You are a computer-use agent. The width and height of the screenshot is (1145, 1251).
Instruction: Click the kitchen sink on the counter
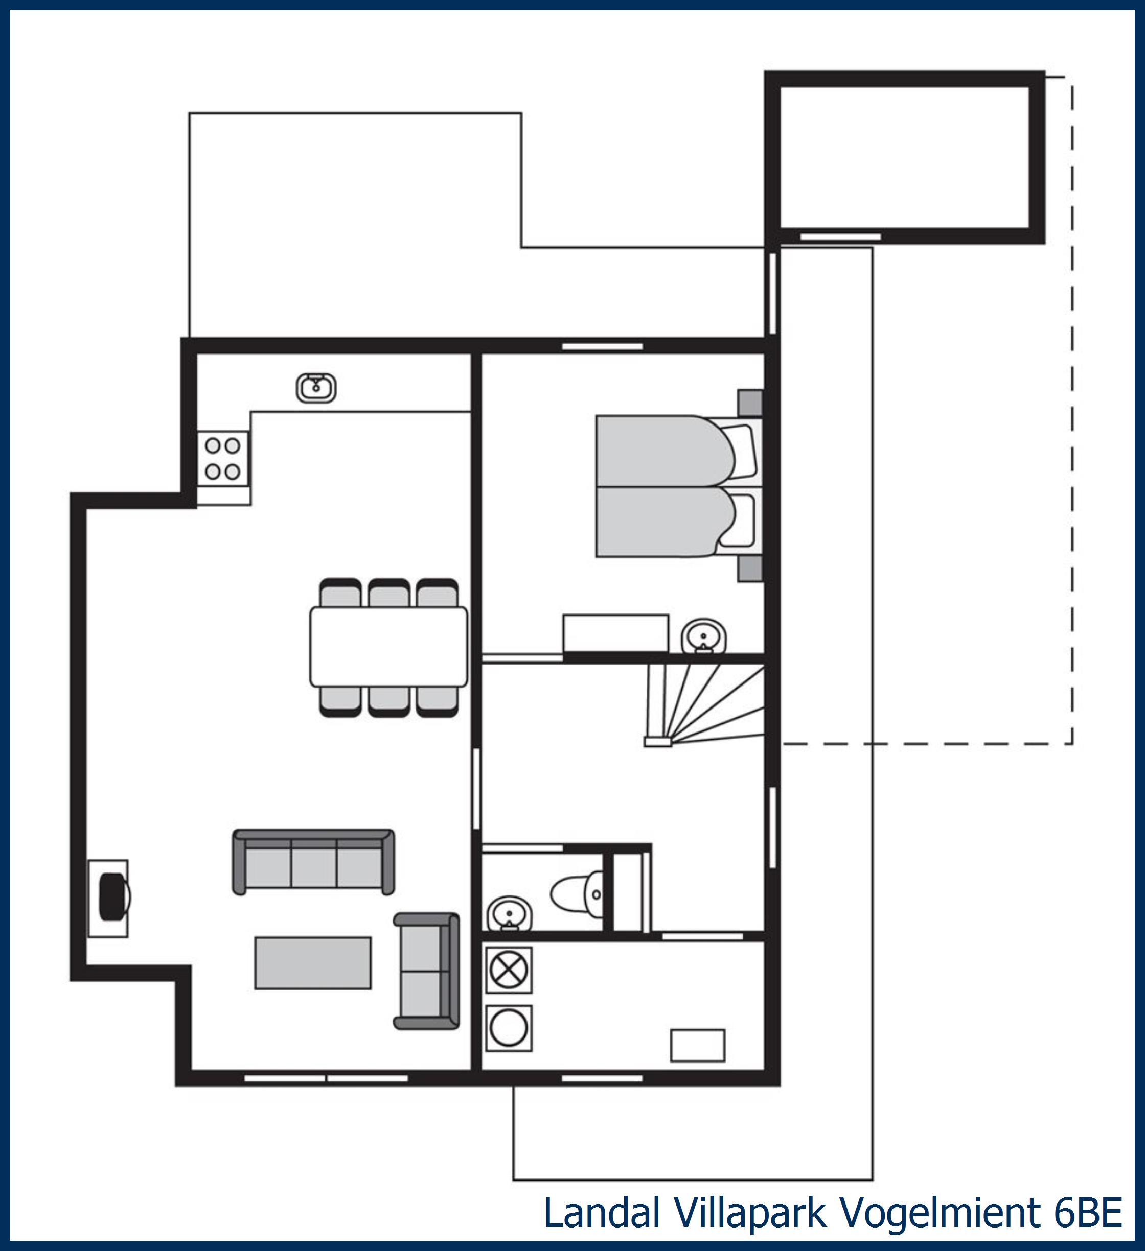click(x=316, y=388)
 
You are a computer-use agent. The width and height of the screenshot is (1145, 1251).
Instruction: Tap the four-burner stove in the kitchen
click(x=223, y=459)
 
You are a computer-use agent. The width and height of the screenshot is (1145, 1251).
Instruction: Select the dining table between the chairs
click(x=388, y=647)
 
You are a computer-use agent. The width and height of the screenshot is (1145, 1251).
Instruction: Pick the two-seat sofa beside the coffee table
click(x=427, y=971)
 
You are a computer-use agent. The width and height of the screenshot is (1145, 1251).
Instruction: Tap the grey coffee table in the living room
click(x=313, y=962)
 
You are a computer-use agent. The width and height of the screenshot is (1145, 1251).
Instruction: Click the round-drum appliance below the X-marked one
click(x=509, y=1028)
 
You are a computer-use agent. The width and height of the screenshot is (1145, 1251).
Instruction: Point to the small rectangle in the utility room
click(x=697, y=1046)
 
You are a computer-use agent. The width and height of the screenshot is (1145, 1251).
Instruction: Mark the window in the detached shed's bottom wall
click(x=840, y=237)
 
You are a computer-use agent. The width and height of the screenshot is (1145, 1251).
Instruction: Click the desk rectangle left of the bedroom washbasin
click(x=615, y=633)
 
